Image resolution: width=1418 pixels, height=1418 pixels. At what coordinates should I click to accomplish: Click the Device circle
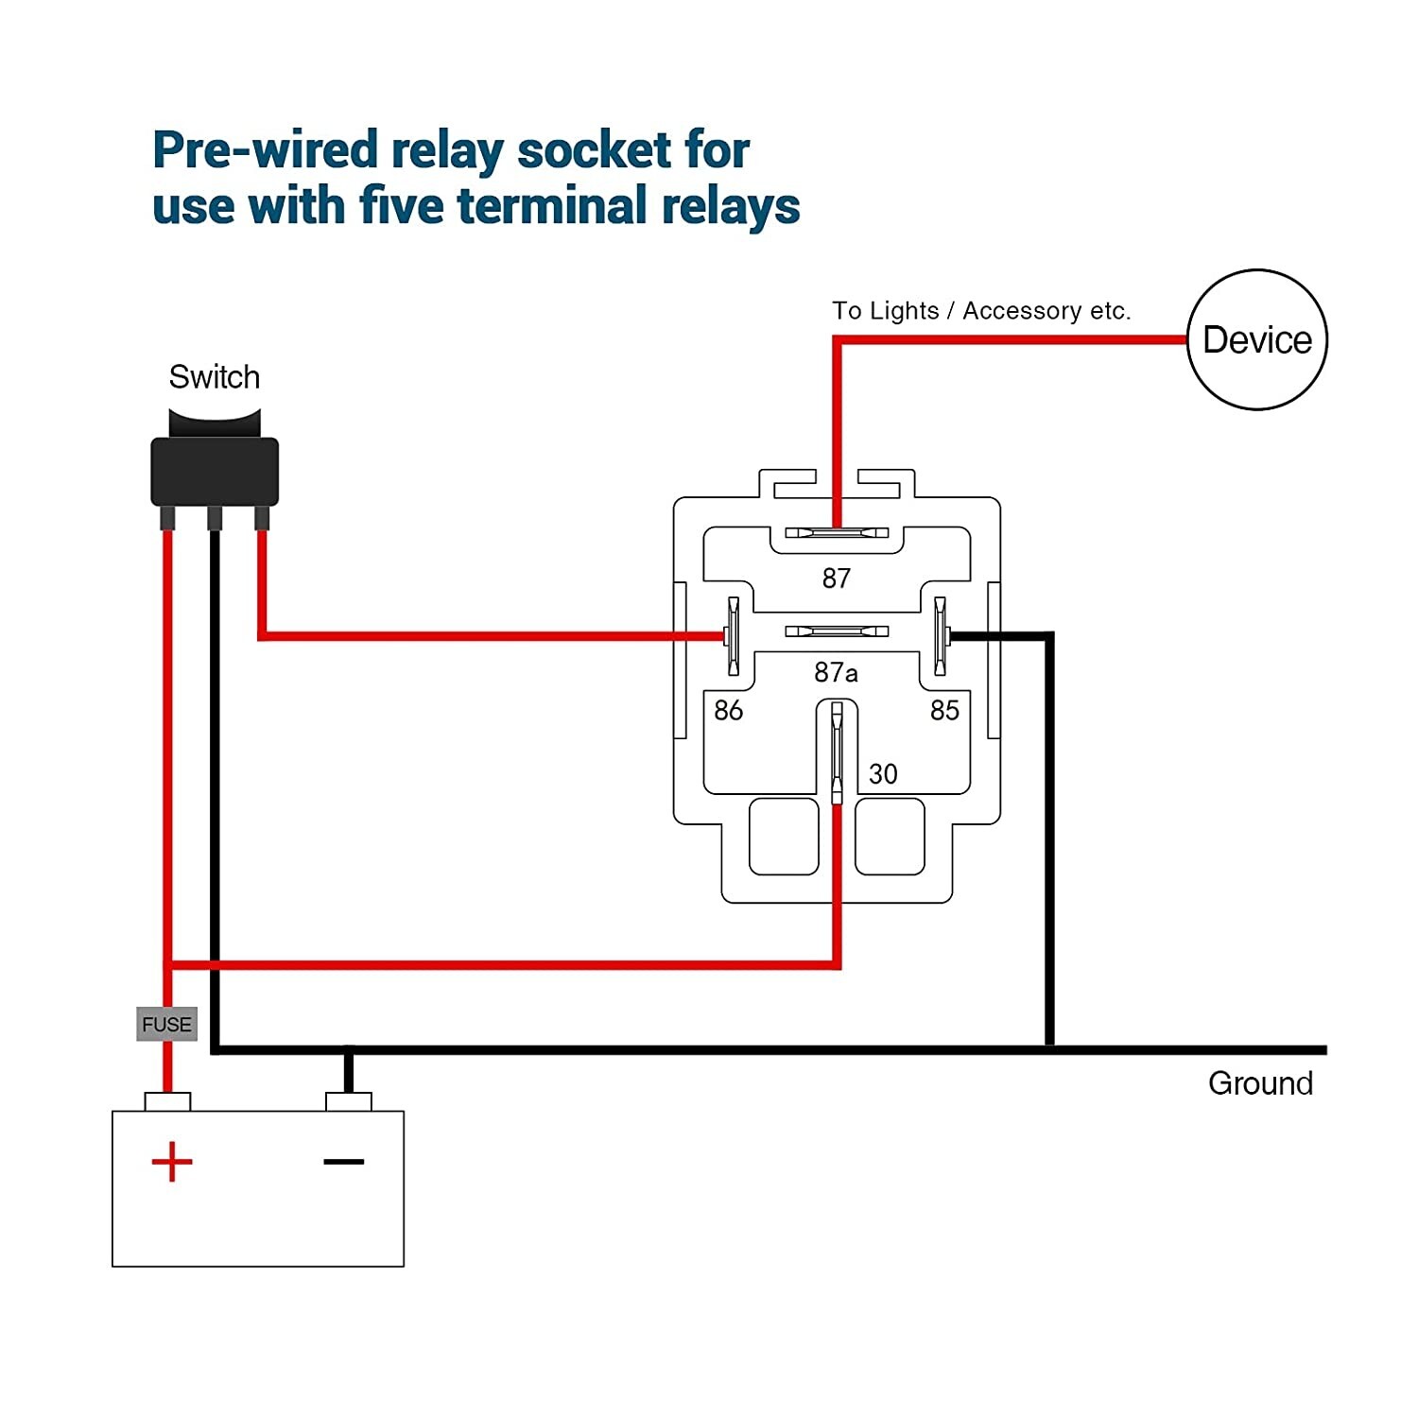[x=1256, y=339]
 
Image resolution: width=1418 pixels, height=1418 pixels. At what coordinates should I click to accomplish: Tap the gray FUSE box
[x=166, y=1024]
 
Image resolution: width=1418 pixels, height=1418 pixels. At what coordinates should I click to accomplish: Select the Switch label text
[x=214, y=377]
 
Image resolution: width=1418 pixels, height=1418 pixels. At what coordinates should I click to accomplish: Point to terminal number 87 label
[x=836, y=578]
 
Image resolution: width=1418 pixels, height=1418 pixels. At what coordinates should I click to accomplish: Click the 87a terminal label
[x=836, y=672]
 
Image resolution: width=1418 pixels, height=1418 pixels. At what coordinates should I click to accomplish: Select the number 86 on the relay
[x=728, y=710]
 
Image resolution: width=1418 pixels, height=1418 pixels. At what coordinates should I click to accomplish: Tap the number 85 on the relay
[x=944, y=710]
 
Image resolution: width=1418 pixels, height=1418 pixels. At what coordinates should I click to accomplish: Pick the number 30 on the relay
[x=883, y=774]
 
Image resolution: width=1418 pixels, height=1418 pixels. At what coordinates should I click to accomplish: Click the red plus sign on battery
[x=172, y=1162]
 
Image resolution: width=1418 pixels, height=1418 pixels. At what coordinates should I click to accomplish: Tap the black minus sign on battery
[x=343, y=1161]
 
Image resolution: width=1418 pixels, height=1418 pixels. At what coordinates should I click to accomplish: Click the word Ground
[x=1260, y=1083]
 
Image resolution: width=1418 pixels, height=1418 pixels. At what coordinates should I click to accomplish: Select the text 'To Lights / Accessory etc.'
[x=980, y=311]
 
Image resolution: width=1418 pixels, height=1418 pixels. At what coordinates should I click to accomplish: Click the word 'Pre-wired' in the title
[x=265, y=150]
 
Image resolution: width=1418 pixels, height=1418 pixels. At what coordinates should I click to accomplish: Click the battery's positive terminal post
[x=167, y=1101]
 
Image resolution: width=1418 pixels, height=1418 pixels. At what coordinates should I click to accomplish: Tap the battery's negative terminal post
[x=348, y=1101]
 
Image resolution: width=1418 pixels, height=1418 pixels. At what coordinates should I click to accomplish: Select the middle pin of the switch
[x=215, y=518]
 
